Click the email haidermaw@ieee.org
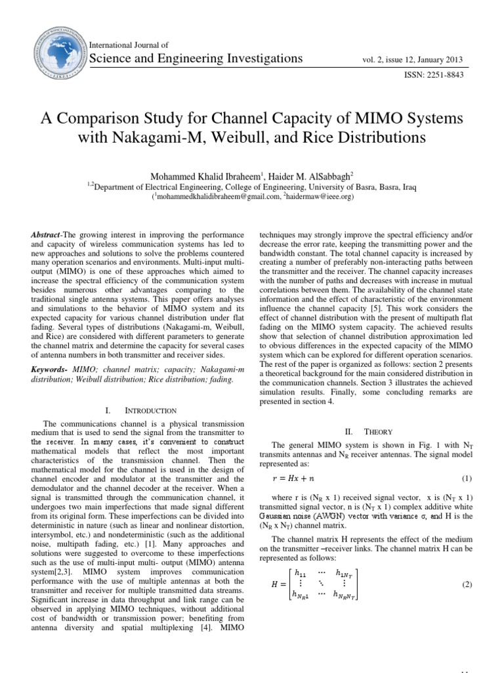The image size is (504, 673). (322, 196)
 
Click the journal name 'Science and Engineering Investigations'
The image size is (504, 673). (199, 58)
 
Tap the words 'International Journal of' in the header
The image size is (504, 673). (133, 45)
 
